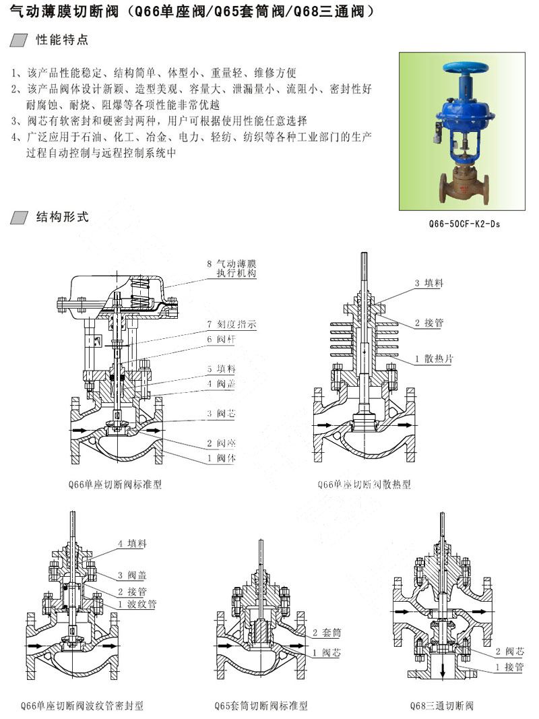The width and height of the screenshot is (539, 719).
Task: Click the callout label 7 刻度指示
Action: [x=232, y=324]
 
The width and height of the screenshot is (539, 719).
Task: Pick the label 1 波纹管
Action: [x=137, y=604]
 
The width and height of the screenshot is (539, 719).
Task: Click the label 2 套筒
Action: [x=327, y=633]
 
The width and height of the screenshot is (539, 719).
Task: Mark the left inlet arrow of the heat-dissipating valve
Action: [x=325, y=425]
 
